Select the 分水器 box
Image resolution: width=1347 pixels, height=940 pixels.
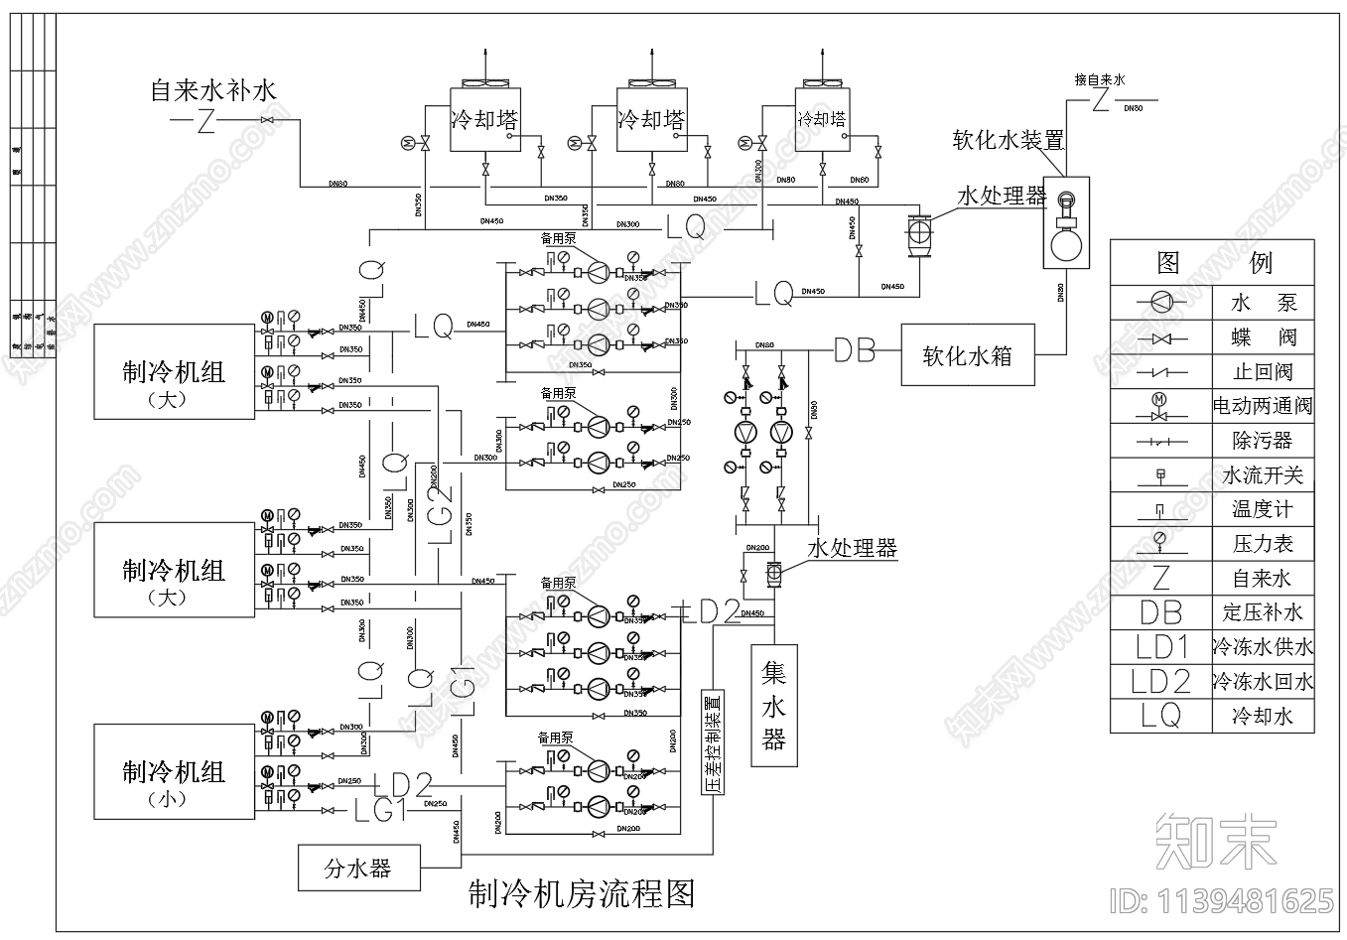click(358, 869)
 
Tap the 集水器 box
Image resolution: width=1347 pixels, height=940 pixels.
click(774, 706)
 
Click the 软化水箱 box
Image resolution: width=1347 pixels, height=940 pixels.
click(968, 355)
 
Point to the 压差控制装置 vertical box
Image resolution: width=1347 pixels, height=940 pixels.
click(713, 743)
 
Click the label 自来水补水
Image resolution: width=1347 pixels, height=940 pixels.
click(213, 91)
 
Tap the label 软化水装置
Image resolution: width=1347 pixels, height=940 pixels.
click(1008, 140)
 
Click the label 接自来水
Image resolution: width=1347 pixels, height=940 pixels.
click(1100, 79)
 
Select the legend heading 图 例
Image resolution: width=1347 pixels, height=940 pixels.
click(1212, 263)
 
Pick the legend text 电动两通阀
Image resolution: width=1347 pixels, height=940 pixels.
click(1262, 406)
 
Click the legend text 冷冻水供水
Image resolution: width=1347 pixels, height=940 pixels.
click(1262, 647)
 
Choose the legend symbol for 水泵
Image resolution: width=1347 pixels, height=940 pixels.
click(1160, 302)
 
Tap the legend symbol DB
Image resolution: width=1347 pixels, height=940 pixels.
click(1160, 612)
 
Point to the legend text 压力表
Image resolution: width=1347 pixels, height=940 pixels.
click(1262, 544)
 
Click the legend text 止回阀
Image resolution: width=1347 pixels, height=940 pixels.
click(1262, 371)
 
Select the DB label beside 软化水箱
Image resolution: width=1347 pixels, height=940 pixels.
click(854, 350)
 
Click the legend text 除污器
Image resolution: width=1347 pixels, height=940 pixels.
click(1262, 440)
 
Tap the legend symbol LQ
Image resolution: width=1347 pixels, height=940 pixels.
click(1160, 716)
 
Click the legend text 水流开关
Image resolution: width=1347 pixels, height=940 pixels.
click(1262, 475)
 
